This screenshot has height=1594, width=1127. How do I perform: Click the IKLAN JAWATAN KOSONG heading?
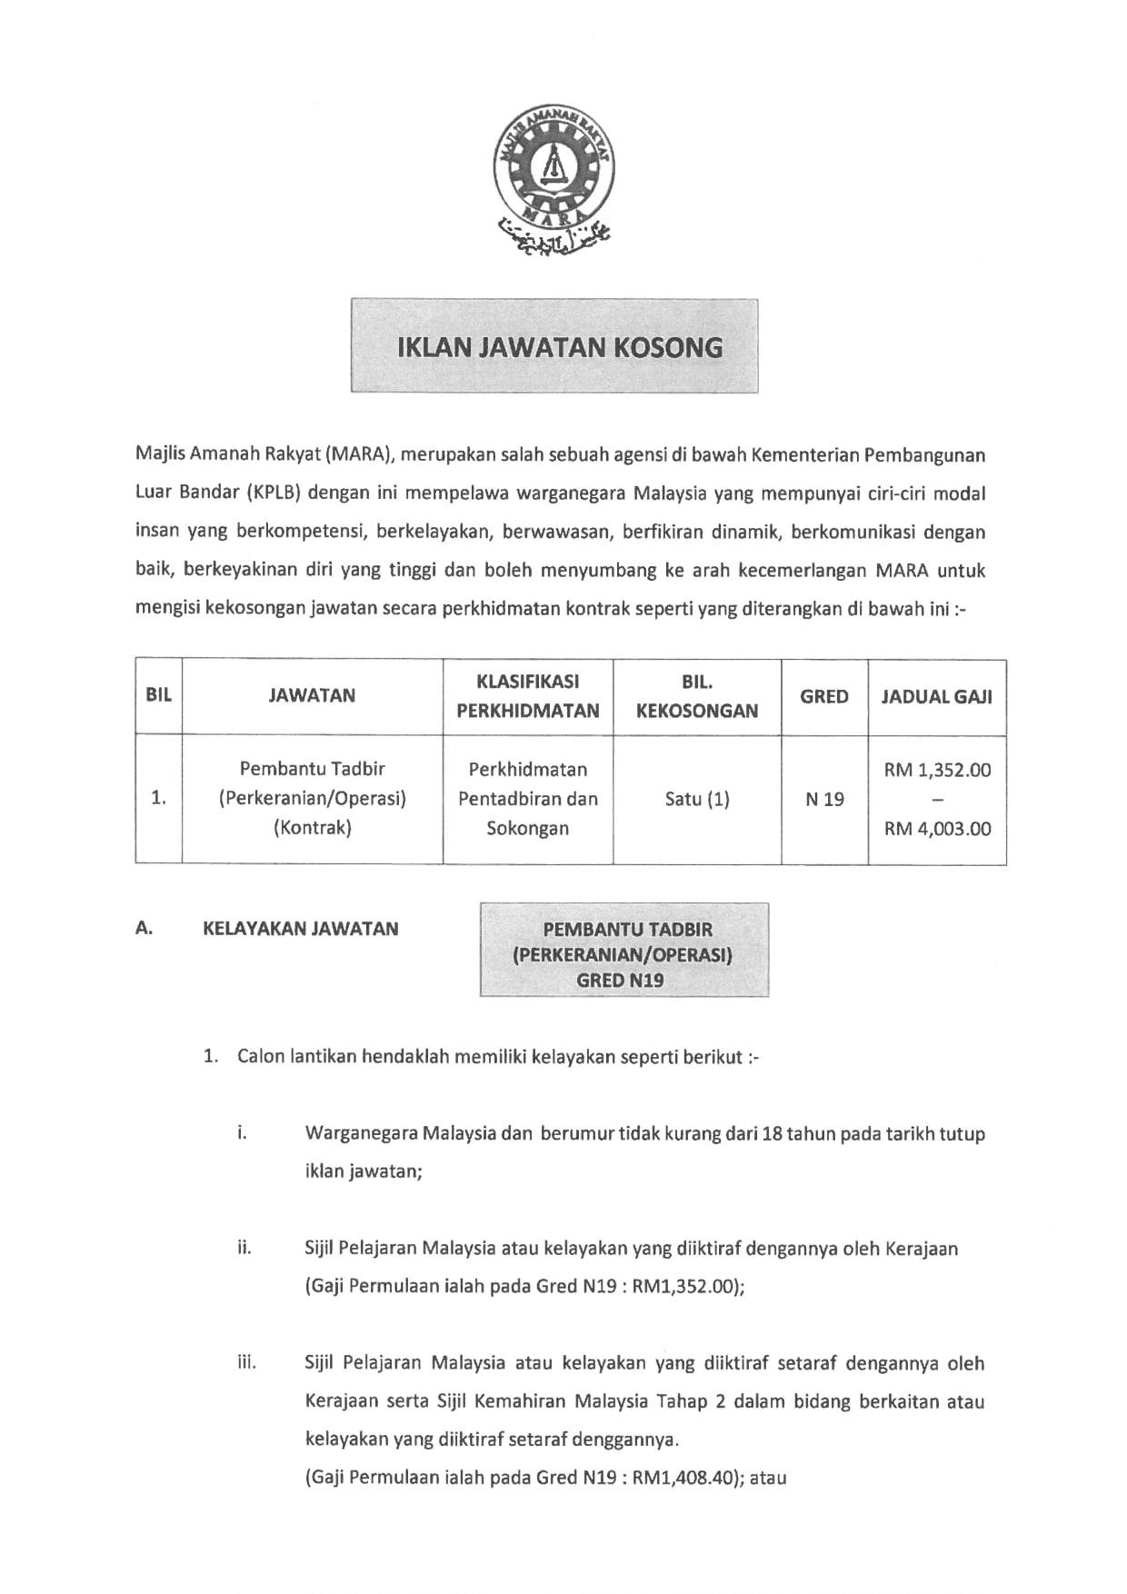coord(560,347)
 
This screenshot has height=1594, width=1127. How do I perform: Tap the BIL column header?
coord(158,695)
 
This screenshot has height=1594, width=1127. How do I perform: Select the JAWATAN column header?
coord(312,695)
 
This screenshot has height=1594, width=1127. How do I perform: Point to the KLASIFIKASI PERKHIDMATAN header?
coord(527,696)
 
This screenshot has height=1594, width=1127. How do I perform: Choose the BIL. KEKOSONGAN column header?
coord(697,696)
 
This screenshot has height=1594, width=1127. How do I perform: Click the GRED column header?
coord(823,696)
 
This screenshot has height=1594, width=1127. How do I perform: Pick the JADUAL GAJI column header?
coord(936,697)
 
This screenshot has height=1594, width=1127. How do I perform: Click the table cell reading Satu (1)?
coord(697,799)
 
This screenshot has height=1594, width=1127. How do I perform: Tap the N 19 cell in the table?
coord(823,800)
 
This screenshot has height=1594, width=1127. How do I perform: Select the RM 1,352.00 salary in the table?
coord(937,771)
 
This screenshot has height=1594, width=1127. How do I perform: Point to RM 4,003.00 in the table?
coord(937,829)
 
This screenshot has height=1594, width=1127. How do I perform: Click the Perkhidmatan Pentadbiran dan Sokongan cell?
coord(527,799)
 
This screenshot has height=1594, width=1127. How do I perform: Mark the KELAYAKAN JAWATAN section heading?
coord(300,929)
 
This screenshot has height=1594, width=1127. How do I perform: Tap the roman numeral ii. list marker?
coord(244,1247)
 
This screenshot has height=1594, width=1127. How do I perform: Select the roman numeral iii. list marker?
coord(246,1362)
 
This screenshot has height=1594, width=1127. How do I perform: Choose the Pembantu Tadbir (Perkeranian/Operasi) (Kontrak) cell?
coord(312,799)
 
